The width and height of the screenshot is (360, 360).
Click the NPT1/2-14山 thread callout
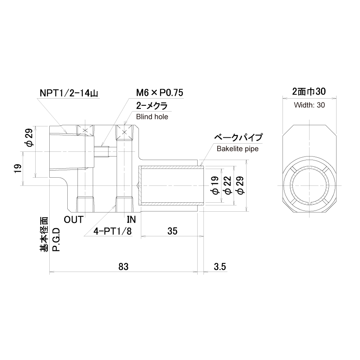69,93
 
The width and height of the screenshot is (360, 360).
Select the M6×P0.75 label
160,92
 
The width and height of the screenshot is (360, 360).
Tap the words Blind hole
152,117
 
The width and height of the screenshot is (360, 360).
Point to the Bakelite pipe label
238,149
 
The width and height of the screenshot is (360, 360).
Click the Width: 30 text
309,105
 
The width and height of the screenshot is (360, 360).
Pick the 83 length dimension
123,267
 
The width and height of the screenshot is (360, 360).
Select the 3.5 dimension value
220,267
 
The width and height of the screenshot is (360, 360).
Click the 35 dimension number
172,231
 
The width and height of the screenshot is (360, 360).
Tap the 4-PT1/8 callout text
113,231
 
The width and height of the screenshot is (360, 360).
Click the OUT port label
74,220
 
